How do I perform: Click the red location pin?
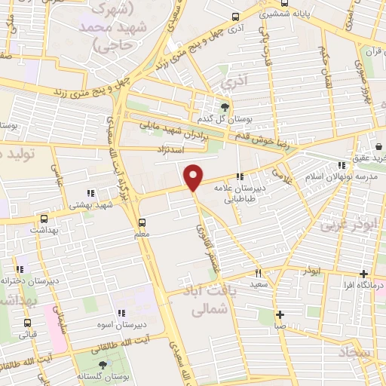tap(194, 176)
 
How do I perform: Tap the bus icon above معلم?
tap(142, 222)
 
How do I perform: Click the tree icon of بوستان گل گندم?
tap(224, 107)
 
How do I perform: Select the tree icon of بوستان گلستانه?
tap(103, 363)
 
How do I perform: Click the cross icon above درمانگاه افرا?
tap(364, 274)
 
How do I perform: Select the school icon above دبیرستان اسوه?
tap(120, 313)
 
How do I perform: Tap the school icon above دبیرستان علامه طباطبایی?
tap(240, 176)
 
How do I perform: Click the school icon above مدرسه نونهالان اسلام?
tap(342, 164)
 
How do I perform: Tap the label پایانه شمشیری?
tap(272, 14)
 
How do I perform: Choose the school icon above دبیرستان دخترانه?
tap(20, 268)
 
